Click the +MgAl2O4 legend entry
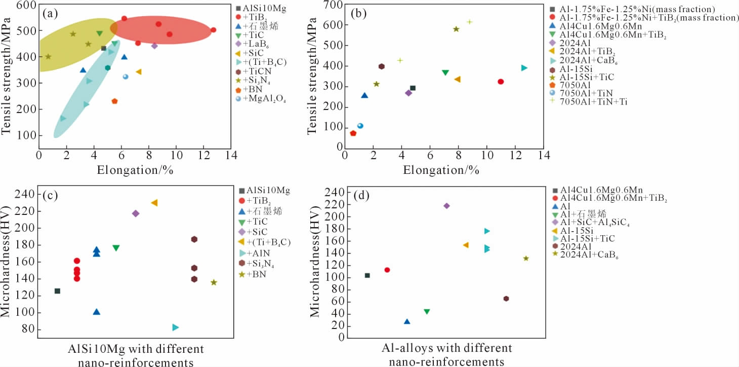pyautogui.click(x=265, y=99)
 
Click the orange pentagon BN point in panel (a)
pyautogui.click(x=114, y=101)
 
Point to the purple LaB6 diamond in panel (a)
pyautogui.click(x=154, y=46)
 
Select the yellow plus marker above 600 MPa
pyautogui.click(x=469, y=22)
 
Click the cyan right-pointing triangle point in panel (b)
pyautogui.click(x=524, y=68)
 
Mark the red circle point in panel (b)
pyautogui.click(x=501, y=82)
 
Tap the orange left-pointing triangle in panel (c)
pyautogui.click(x=154, y=203)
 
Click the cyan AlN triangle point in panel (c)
pyautogui.click(x=175, y=327)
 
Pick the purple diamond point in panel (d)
pyautogui.click(x=446, y=206)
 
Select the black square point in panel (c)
pyautogui.click(x=57, y=291)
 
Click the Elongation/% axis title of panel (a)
pyautogui.click(x=135, y=169)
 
